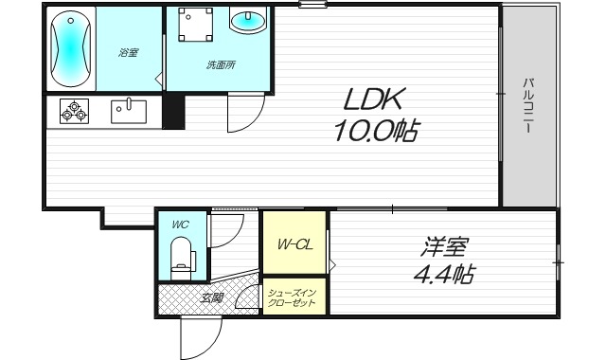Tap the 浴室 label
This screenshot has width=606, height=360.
tap(128, 52)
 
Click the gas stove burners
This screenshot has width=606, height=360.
tap(74, 112)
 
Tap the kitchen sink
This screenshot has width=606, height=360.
tap(128, 112)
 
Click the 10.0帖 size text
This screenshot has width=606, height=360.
tap(375, 131)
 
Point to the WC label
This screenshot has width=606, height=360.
tap(180, 225)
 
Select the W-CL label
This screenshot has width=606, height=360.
tap(294, 244)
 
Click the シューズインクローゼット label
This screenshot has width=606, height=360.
tap(294, 297)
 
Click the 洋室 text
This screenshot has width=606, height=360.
tap(444, 246)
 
